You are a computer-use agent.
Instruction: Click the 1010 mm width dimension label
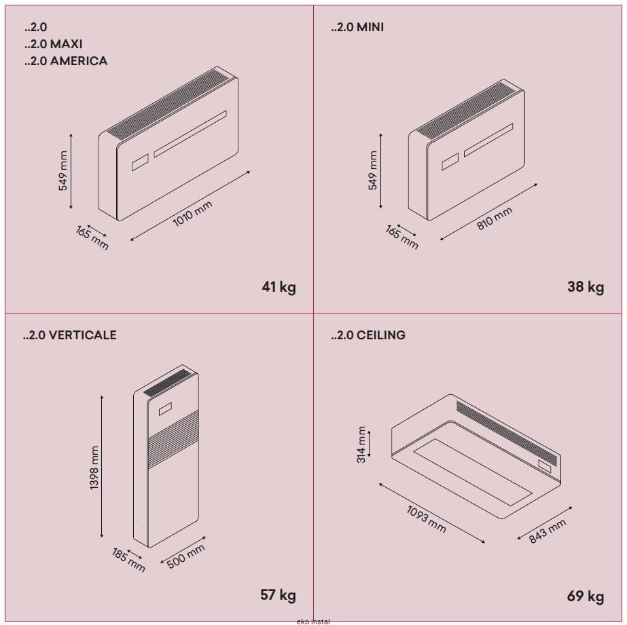(x=192, y=214)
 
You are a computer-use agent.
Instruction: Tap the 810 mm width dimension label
(x=495, y=219)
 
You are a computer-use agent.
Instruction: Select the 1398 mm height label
(x=94, y=468)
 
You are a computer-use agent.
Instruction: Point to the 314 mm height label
(x=361, y=444)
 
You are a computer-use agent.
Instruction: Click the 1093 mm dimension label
(x=426, y=519)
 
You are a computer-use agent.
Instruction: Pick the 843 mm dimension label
(x=548, y=531)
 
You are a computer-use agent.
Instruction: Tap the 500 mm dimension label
(x=185, y=556)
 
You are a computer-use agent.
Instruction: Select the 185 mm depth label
(x=128, y=560)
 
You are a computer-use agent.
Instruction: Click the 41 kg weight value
(x=279, y=287)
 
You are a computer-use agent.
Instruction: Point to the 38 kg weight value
(x=586, y=287)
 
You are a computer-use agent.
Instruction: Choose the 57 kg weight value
(x=278, y=594)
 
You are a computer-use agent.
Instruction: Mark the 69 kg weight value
(x=586, y=596)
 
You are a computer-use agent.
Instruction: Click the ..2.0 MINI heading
(x=357, y=27)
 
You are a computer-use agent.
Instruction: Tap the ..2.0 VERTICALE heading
(x=70, y=335)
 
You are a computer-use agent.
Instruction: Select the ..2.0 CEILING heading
(x=368, y=335)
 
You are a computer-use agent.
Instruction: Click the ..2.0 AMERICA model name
(x=66, y=61)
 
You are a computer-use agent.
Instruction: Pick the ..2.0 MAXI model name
(x=54, y=44)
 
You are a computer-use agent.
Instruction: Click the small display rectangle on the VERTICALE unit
(x=165, y=409)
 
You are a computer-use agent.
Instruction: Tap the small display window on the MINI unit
(x=450, y=162)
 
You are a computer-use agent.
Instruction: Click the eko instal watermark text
(x=314, y=622)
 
